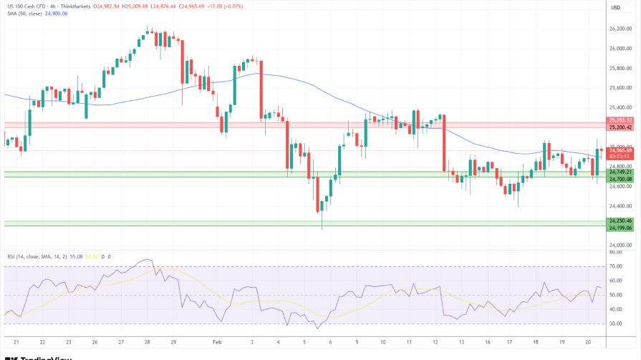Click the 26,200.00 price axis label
[620, 29]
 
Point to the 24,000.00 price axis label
[620, 245]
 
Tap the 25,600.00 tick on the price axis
[620, 88]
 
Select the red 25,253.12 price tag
[620, 120]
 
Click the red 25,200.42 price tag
[620, 127]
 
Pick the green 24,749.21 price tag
[620, 172]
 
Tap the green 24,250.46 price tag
[620, 220]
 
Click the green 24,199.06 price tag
[620, 228]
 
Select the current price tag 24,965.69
[620, 150]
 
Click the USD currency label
[615, 7]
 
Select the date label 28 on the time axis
[147, 343]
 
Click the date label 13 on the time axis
[463, 343]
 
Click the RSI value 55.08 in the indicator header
[72, 256]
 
